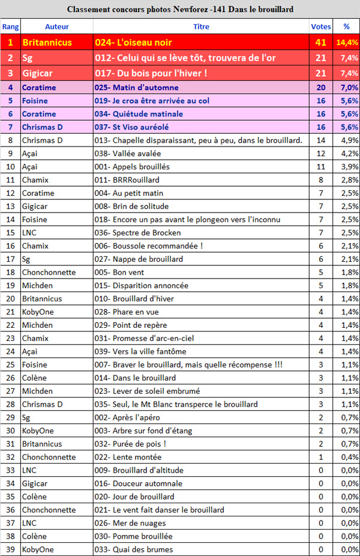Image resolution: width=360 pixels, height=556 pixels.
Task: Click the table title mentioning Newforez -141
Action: (180, 10)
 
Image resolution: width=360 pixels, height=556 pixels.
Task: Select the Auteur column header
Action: (57, 27)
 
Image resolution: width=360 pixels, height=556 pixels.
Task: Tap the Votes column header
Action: (321, 27)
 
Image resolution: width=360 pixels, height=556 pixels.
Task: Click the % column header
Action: (346, 27)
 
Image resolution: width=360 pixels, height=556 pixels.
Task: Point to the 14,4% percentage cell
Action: (347, 43)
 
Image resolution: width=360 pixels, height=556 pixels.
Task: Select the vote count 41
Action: (320, 43)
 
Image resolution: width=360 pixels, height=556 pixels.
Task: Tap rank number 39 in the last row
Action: (10, 549)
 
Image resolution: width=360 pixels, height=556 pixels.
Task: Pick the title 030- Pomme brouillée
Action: (133, 536)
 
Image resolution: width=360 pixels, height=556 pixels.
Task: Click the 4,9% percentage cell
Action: (348, 141)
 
